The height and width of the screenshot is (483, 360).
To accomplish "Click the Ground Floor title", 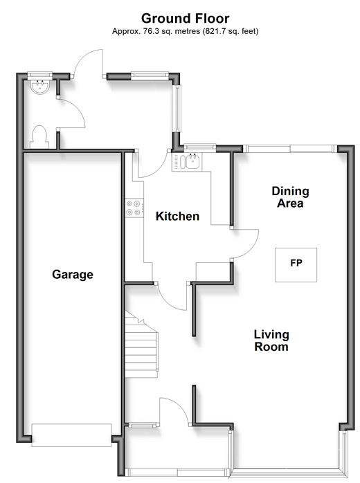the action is [x=186, y=19].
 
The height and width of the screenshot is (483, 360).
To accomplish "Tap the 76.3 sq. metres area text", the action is [x=171, y=31].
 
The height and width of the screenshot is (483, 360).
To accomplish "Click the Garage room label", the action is [x=73, y=275].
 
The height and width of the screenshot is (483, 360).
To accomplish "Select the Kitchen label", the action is [x=177, y=216].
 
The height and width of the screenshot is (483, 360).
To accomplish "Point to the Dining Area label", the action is [x=290, y=197].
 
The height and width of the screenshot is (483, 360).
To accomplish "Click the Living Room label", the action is [x=271, y=340].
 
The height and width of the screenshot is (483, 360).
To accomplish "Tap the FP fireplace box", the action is [x=296, y=265].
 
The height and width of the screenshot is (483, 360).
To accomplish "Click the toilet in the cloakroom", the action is [x=39, y=137].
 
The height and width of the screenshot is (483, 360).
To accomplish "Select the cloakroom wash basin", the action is [x=39, y=86].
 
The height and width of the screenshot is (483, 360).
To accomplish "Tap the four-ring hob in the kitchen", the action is [x=134, y=208].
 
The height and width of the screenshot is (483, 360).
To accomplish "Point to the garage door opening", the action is [x=71, y=435].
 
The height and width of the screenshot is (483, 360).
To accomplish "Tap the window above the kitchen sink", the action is [x=199, y=147].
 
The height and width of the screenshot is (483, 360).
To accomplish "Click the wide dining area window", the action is [x=290, y=149].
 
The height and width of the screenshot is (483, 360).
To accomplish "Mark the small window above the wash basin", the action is [x=39, y=74].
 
